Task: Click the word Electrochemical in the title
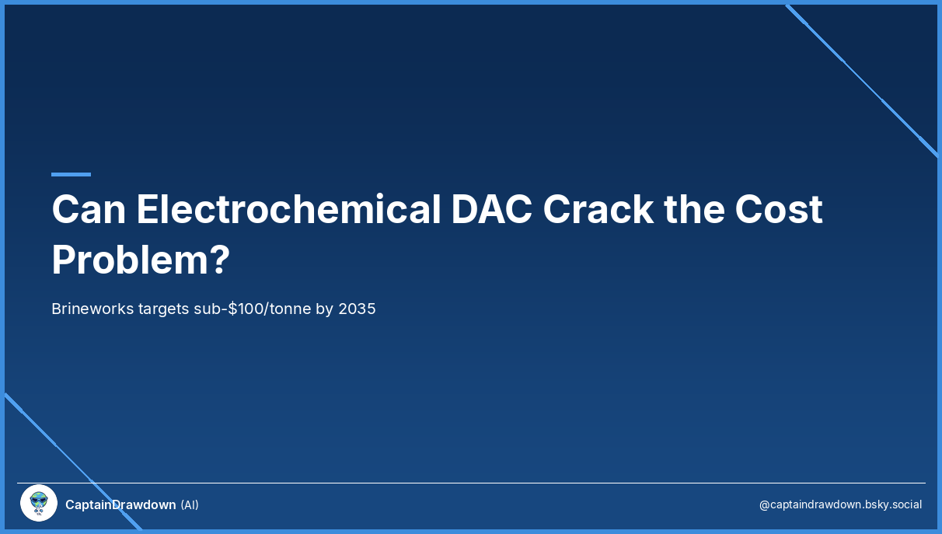coord(288,209)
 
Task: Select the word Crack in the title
coord(598,209)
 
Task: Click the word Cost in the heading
coord(779,209)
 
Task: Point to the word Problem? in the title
coord(141,260)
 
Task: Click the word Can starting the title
coord(89,209)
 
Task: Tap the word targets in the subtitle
coord(163,309)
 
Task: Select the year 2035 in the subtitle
coord(357,309)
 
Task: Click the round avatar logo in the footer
coord(39,503)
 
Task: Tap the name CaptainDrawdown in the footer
coord(120,504)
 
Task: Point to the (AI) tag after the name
coord(190,504)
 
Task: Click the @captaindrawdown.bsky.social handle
coord(840,504)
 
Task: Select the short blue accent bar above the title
coord(71,174)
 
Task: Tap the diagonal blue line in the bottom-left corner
coord(73,461)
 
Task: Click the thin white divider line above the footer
coord(471,483)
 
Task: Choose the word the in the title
coord(694,209)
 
